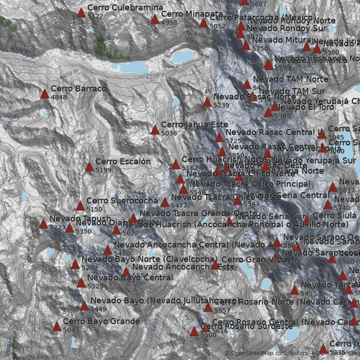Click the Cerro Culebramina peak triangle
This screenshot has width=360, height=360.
[81, 13]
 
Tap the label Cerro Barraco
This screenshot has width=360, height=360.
[78, 89]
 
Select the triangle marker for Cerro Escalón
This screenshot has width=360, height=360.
[89, 167]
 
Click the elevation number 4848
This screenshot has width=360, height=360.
[59, 97]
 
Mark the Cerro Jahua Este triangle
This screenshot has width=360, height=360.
[155, 130]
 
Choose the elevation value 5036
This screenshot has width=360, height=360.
[169, 133]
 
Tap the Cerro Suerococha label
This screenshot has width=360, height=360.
[122, 201]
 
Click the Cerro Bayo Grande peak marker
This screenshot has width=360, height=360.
[57, 326]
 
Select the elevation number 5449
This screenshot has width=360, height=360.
[99, 309]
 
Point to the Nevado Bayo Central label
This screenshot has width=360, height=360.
[130, 277]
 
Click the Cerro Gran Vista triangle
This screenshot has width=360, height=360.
[215, 265]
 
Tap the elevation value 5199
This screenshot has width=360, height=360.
[103, 170]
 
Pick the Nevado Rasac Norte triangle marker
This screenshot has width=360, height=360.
[207, 102]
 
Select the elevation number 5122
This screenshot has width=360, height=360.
[95, 16]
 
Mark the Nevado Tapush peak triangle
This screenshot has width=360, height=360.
[43, 224]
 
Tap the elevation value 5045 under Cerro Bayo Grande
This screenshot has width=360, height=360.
[71, 330]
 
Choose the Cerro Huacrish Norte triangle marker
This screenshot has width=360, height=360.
[175, 164]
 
